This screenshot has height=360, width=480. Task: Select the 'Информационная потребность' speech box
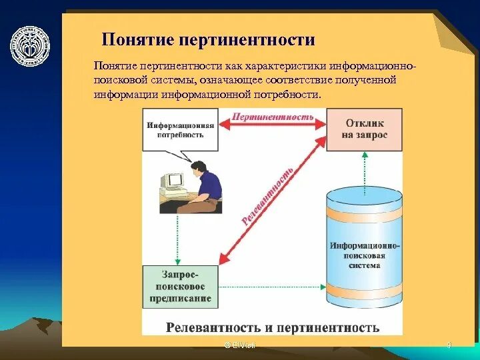point(181,130)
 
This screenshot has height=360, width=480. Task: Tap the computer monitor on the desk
point(174,180)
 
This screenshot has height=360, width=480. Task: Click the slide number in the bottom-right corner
point(449,345)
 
